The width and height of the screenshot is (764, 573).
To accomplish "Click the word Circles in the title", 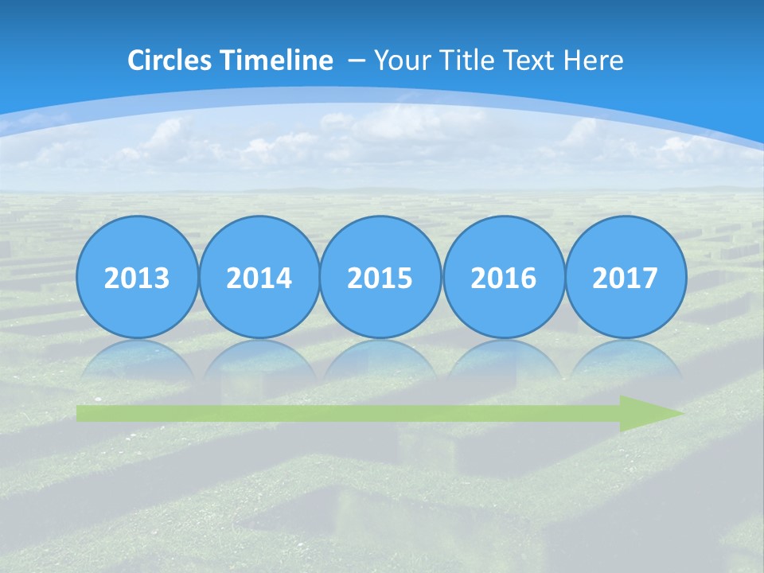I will [x=170, y=60].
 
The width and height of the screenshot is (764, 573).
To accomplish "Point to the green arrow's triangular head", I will [x=649, y=413].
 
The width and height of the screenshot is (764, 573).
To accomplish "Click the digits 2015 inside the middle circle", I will [x=380, y=279].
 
